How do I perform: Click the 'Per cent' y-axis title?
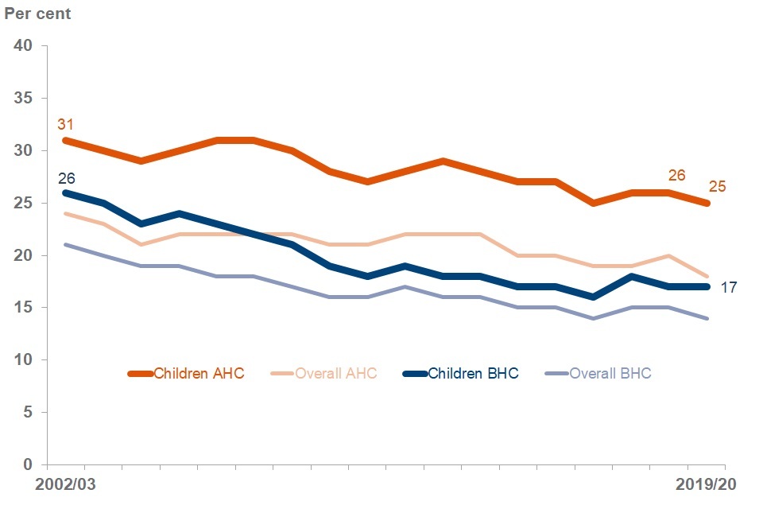click(x=37, y=14)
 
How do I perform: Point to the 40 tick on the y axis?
click(x=22, y=45)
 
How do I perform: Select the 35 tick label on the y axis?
click(x=22, y=98)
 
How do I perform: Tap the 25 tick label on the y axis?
click(x=22, y=203)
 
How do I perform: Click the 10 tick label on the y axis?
click(x=22, y=360)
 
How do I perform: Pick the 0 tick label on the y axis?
click(x=27, y=464)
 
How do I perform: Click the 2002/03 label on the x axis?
click(x=64, y=484)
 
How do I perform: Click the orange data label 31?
click(x=65, y=125)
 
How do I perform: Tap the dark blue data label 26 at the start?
click(x=66, y=177)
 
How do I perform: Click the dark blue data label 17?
click(x=729, y=287)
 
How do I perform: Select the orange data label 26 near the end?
click(x=676, y=175)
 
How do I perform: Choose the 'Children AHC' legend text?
click(x=199, y=373)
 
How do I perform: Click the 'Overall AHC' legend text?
click(x=335, y=373)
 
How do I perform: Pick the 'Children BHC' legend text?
click(x=473, y=373)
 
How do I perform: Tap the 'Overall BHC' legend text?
click(x=610, y=373)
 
